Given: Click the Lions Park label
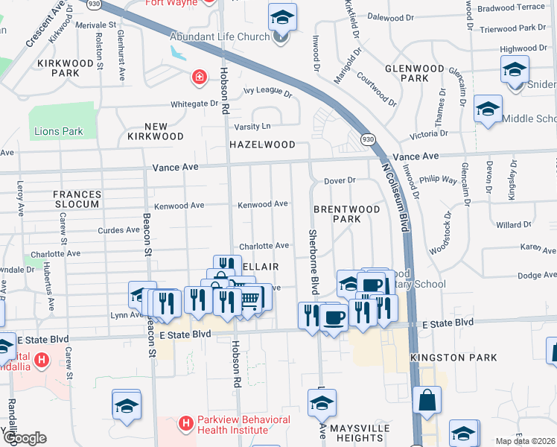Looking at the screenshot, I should pyautogui.click(x=58, y=132).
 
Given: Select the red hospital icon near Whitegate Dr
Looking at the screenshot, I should pyautogui.click(x=199, y=76).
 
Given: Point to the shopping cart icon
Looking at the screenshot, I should pyautogui.click(x=250, y=298).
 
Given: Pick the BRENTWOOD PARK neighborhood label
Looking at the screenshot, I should pyautogui.click(x=346, y=214).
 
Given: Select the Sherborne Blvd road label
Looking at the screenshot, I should pyautogui.click(x=313, y=260).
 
